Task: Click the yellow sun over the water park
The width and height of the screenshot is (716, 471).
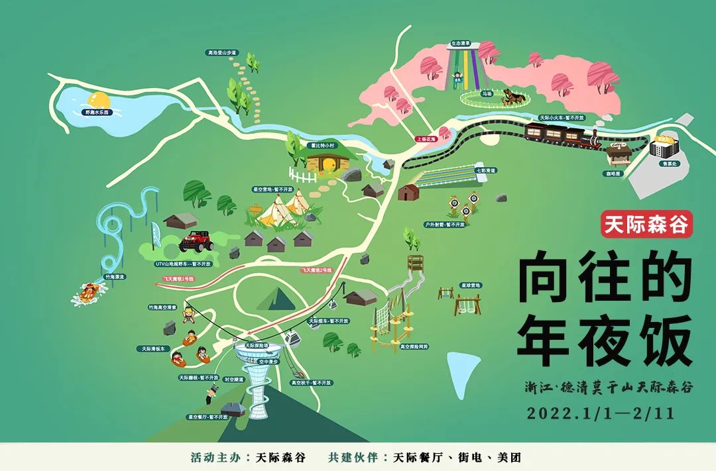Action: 99,101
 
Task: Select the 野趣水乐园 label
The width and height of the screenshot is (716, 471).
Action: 96,113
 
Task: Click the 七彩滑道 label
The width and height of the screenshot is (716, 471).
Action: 486,170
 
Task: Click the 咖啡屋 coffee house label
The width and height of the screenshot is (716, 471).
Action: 616,173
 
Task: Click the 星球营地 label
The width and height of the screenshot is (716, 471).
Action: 471,285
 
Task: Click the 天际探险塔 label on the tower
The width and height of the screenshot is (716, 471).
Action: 256,345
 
